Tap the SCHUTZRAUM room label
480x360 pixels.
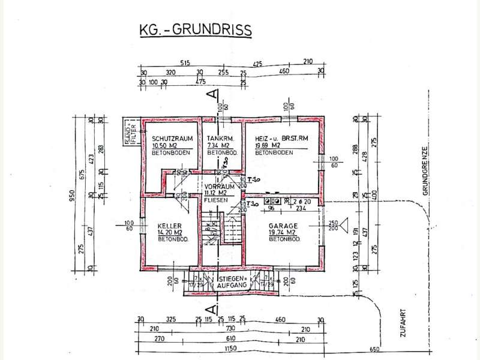172,139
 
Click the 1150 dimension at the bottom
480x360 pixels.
230,348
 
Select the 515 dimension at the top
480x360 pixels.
185,62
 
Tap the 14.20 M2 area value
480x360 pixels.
166,232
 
